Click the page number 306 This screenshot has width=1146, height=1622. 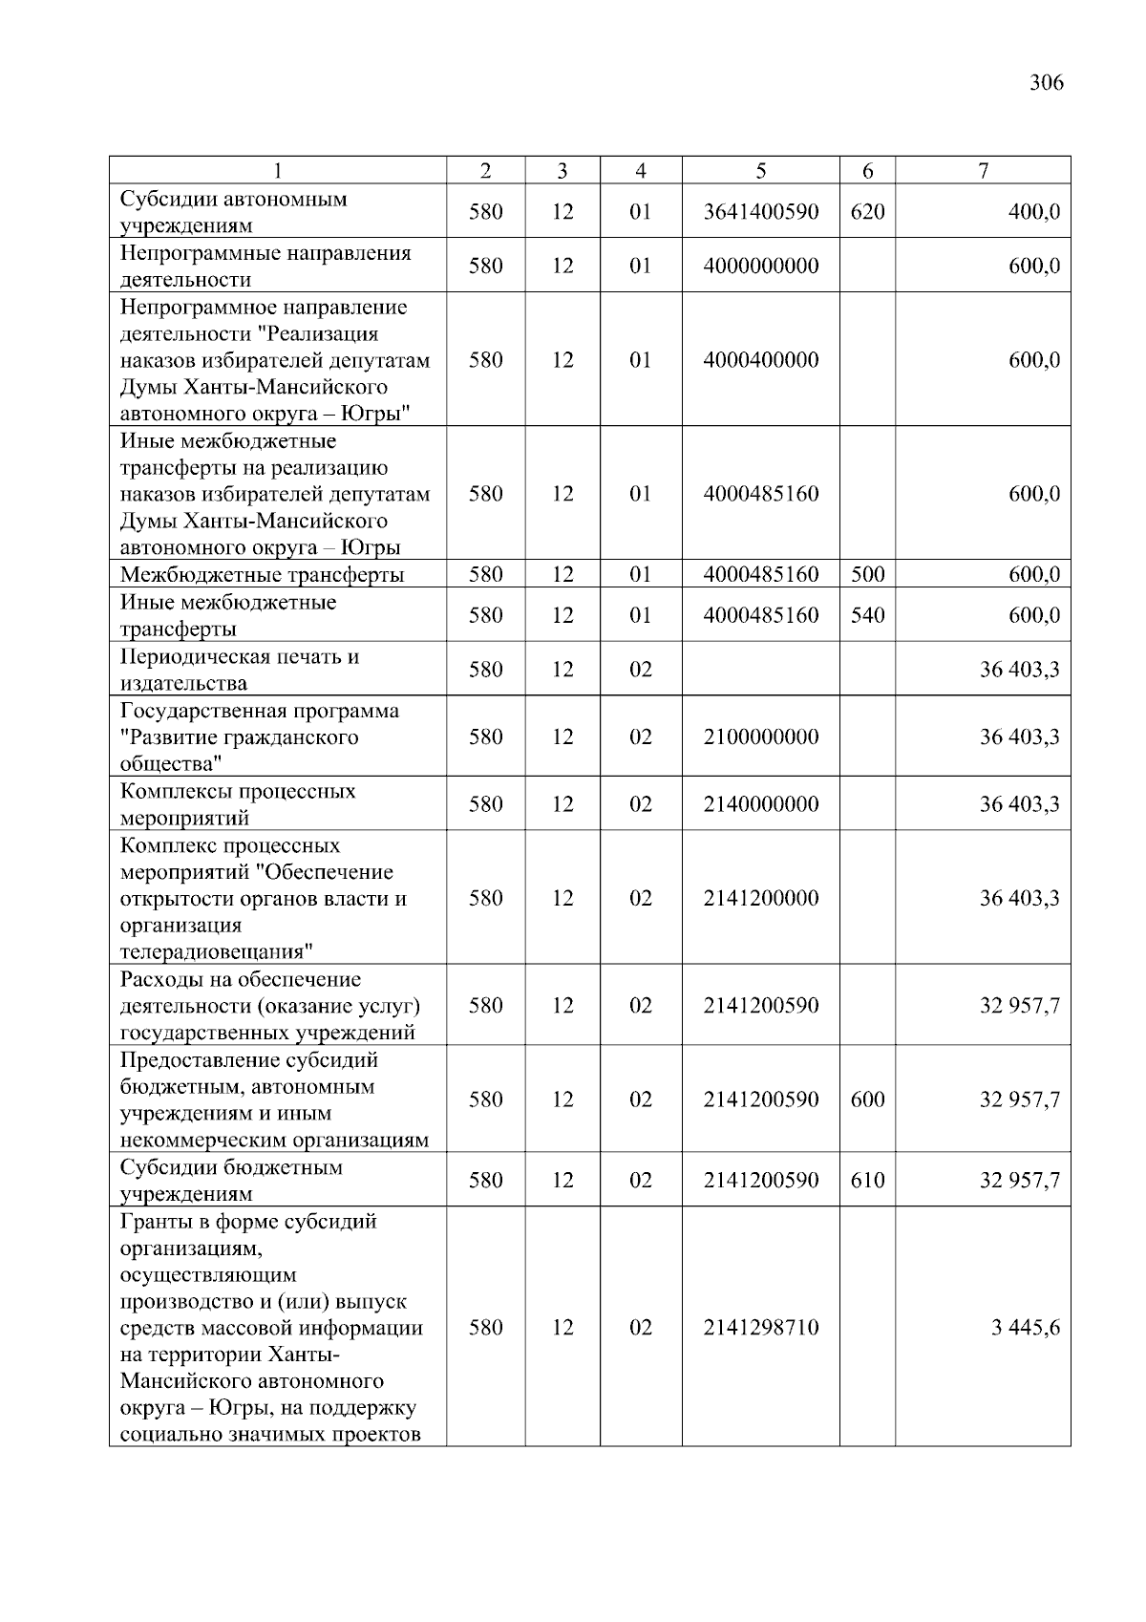[x=1046, y=82]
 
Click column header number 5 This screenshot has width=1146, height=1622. [x=760, y=171]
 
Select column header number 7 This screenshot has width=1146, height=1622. [x=983, y=171]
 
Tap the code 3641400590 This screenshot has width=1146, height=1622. [x=760, y=212]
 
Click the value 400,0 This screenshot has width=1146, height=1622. [x=1033, y=212]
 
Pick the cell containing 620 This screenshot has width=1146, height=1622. [x=867, y=212]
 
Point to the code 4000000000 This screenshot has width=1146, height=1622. [x=760, y=266]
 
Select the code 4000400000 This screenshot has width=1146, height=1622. [x=760, y=360]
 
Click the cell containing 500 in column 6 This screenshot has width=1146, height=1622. [x=867, y=575]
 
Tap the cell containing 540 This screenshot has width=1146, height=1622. [x=867, y=615]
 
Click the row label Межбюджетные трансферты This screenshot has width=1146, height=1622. [x=262, y=575]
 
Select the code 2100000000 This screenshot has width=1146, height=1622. [x=760, y=736]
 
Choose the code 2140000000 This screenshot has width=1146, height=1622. [x=760, y=804]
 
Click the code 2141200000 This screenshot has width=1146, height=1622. [x=760, y=898]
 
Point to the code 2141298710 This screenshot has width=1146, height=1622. [x=760, y=1328]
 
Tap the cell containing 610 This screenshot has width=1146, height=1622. [x=867, y=1181]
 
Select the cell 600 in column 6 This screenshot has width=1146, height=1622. [x=867, y=1099]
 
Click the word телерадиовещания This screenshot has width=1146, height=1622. [x=217, y=951]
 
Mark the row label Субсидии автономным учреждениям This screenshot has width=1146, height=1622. [x=233, y=212]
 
